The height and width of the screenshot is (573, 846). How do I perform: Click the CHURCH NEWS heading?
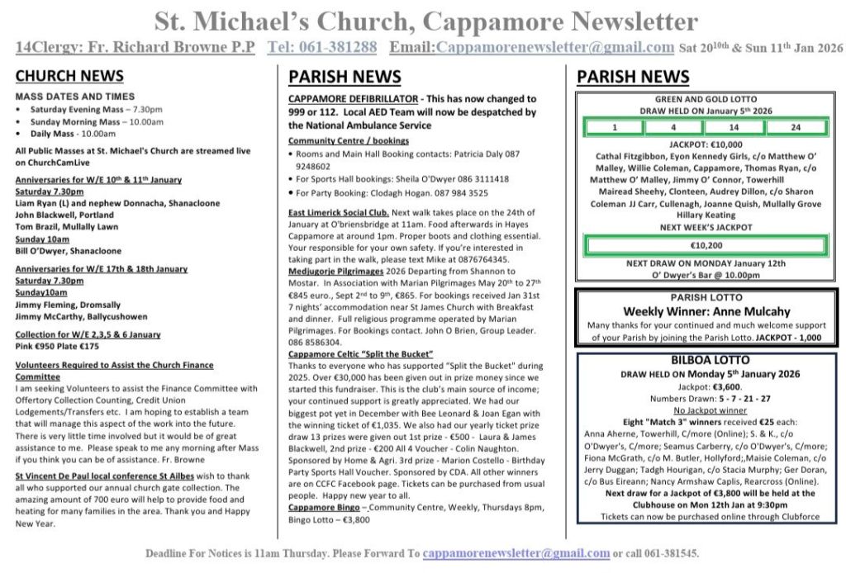69,77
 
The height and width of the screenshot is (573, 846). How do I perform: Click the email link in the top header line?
554,47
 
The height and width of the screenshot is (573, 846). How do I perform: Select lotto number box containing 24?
795,128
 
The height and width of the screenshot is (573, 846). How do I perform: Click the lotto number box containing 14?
734,128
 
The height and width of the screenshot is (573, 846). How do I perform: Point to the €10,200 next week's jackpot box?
706,245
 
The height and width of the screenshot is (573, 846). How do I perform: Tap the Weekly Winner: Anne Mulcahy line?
706,311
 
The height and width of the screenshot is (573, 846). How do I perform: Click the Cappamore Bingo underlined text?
324,507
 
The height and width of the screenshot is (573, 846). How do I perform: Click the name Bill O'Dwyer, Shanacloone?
68,251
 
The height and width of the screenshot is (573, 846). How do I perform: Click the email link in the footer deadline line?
516,553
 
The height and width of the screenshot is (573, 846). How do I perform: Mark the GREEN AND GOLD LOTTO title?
706,99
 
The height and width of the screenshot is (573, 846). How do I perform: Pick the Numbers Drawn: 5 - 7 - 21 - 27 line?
706,397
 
